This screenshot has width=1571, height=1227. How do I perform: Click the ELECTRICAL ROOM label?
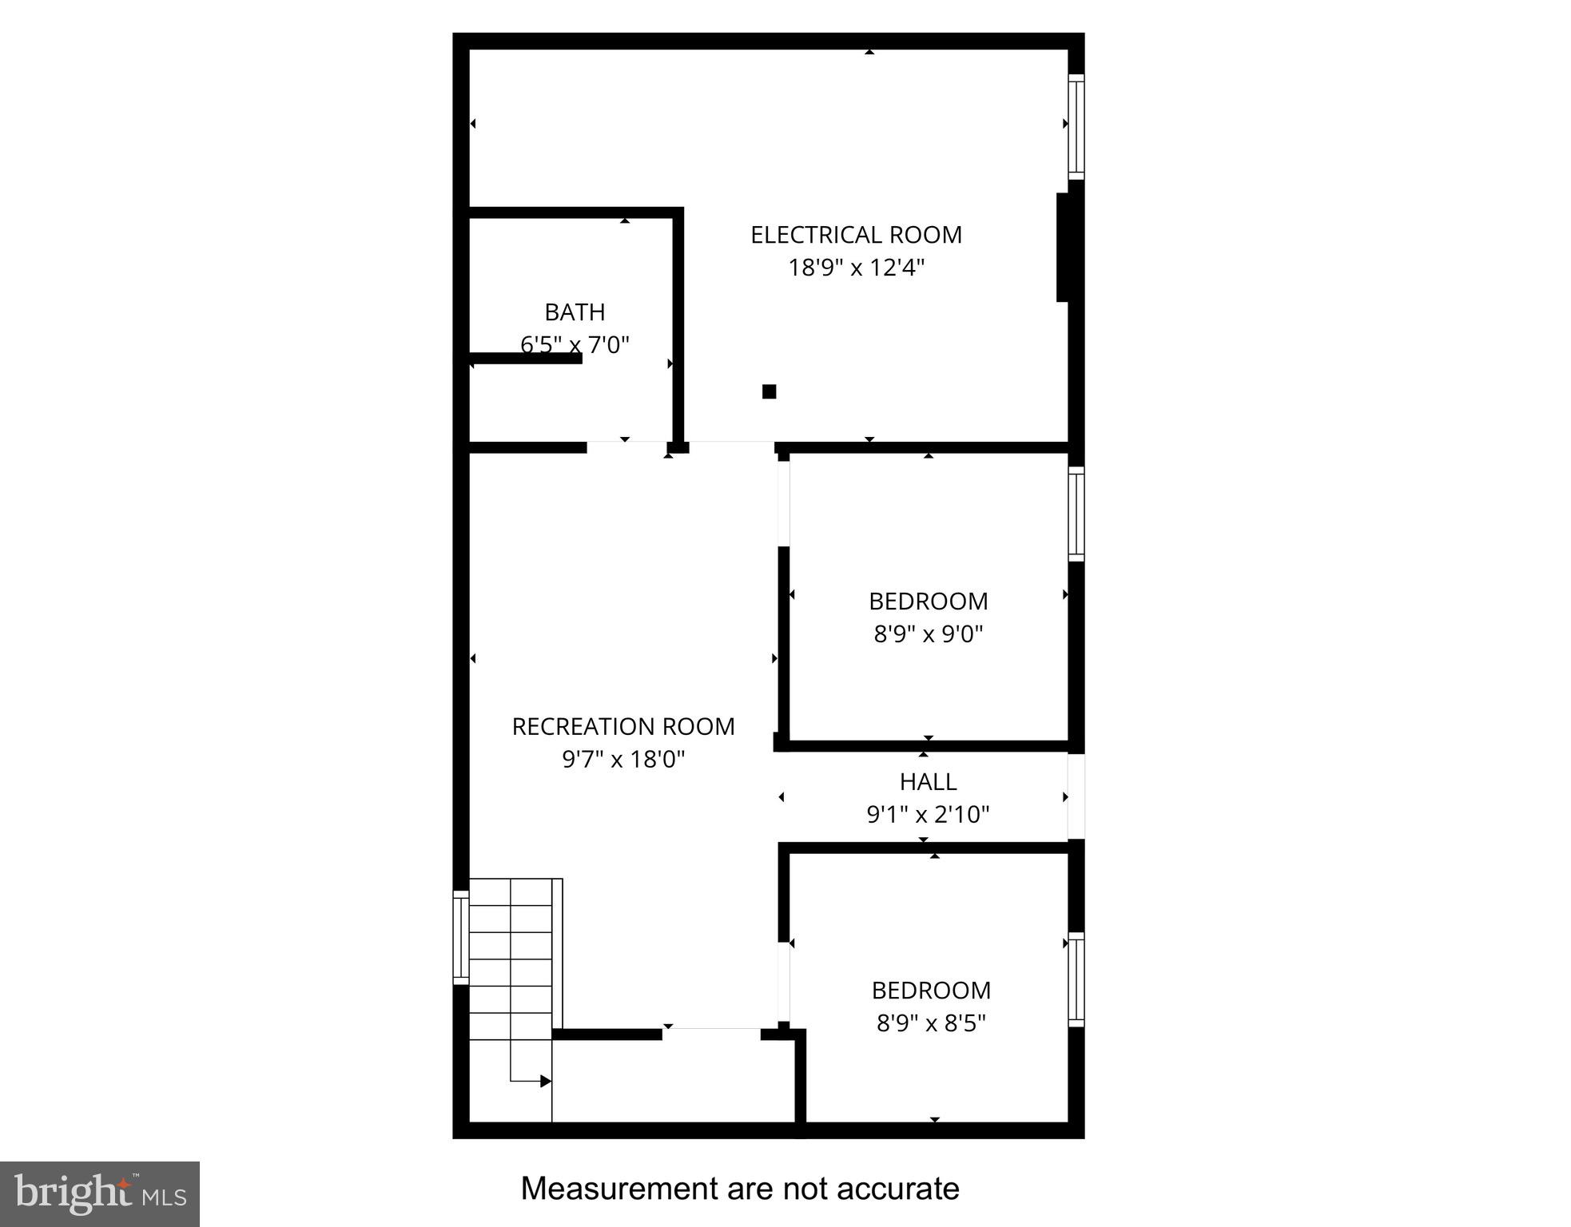[x=856, y=235]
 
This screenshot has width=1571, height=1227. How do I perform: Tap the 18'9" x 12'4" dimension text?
[x=856, y=268]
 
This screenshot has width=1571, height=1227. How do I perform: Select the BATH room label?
[x=575, y=312]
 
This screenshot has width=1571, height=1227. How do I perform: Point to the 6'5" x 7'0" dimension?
[x=575, y=344]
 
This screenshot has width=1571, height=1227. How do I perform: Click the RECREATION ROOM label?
[x=623, y=726]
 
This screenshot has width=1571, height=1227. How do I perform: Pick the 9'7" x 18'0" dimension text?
[x=623, y=759]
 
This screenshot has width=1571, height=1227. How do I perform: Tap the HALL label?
[x=928, y=781]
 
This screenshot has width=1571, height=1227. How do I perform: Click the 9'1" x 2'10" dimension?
[x=928, y=814]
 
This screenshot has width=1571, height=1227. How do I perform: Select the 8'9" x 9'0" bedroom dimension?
[x=928, y=634]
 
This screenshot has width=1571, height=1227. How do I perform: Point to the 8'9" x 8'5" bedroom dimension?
[x=931, y=1023]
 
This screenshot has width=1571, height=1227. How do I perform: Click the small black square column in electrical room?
[x=769, y=391]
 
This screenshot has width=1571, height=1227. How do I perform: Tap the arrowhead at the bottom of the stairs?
[x=546, y=1082]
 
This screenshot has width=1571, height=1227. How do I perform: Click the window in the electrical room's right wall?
[x=1076, y=126]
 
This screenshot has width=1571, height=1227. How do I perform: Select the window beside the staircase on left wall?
[x=460, y=937]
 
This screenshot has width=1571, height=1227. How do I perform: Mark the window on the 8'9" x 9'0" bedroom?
[x=1076, y=514]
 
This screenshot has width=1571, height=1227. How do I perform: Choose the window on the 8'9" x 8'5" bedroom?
[x=1076, y=979]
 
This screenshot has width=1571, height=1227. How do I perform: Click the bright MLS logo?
[x=100, y=1193]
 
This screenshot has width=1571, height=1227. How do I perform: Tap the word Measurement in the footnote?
[x=607, y=1189]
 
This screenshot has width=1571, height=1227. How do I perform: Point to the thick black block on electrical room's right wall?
[x=1064, y=247]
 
